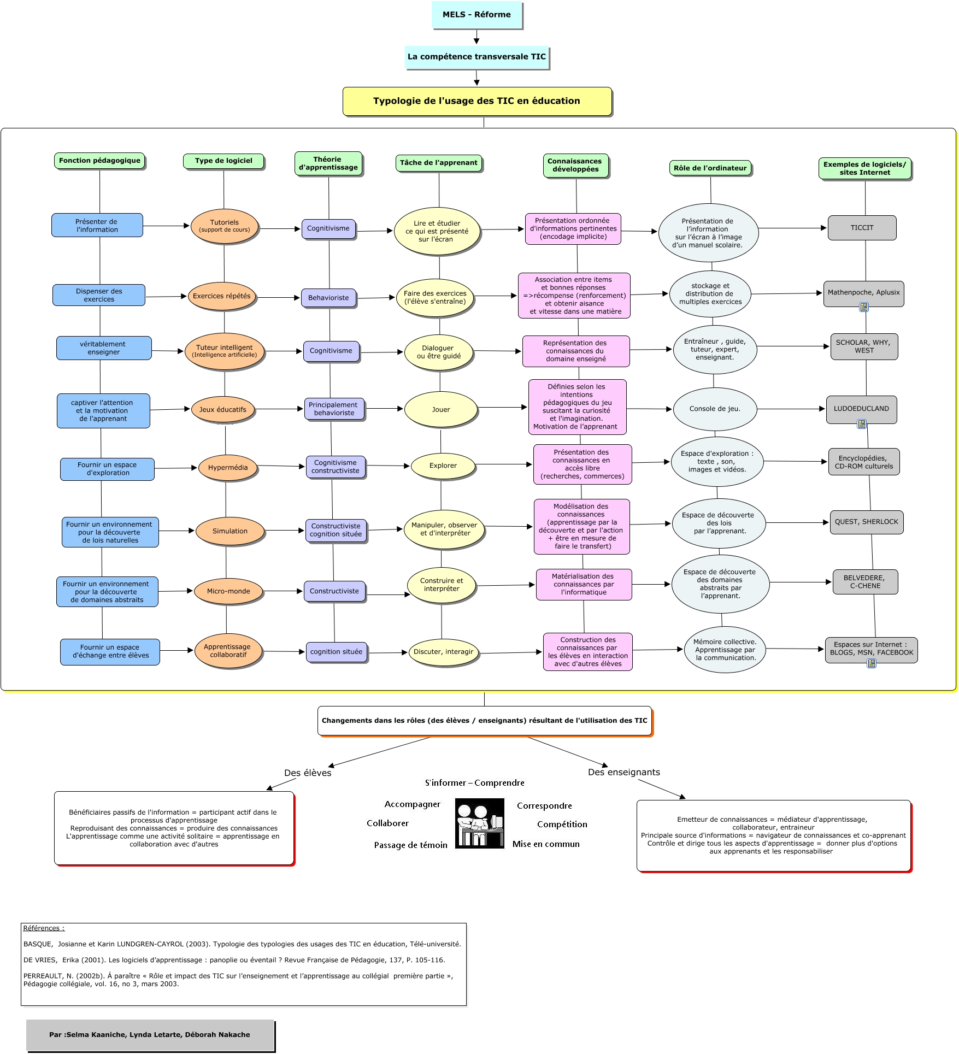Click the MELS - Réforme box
point(476,15)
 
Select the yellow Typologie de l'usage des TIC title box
point(476,101)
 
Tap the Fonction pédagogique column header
point(99,161)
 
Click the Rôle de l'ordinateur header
point(710,168)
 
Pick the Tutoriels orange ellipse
point(225,226)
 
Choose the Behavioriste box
point(328,298)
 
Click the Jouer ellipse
point(441,409)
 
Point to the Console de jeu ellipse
point(715,409)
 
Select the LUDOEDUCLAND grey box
point(861,409)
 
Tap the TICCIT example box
point(862,228)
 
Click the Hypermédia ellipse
point(228,468)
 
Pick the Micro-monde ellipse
point(228,591)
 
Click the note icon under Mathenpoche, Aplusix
point(864,307)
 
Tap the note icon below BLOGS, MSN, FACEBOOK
point(872,663)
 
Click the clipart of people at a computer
point(480,823)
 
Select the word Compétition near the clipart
point(562,825)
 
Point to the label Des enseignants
point(623,772)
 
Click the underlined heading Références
point(44,928)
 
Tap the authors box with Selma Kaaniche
point(150,1034)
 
